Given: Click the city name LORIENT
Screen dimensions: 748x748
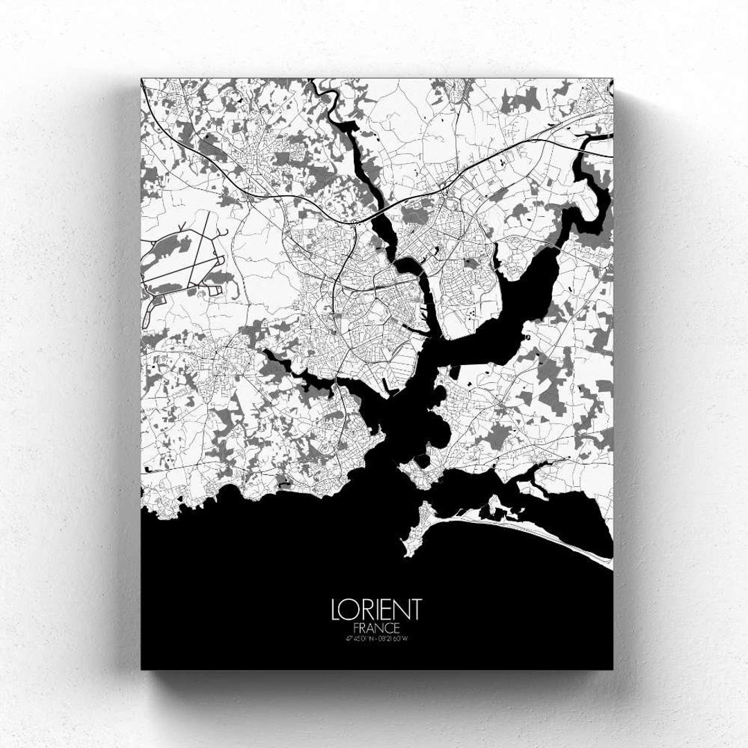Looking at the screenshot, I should coord(376,609).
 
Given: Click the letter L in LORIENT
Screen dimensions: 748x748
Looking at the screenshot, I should coord(337,609).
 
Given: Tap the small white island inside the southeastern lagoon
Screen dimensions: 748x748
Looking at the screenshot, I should coord(494,505).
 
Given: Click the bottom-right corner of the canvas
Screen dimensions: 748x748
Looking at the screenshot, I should coord(612,668).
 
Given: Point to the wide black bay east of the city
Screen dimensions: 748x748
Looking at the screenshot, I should coord(513,305).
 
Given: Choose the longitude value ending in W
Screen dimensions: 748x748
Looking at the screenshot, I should coord(393,638).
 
